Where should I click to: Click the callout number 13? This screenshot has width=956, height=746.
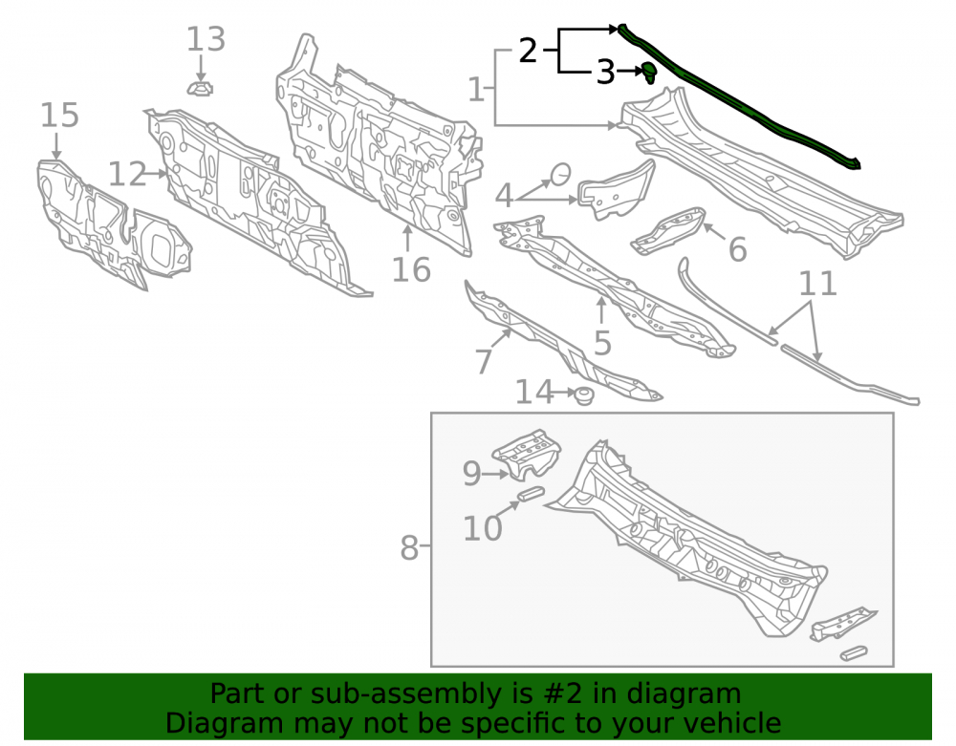[x=206, y=39]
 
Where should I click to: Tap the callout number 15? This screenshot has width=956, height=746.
[x=59, y=115]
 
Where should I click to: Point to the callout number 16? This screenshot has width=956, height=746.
[x=411, y=269]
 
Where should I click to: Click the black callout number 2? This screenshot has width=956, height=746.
[x=528, y=51]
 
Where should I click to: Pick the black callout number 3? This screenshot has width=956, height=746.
[x=605, y=73]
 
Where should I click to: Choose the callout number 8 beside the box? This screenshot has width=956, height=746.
[x=409, y=547]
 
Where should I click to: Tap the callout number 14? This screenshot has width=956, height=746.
[x=534, y=393]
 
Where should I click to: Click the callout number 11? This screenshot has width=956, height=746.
[x=817, y=284]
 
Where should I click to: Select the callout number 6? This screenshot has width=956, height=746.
[x=738, y=249]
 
